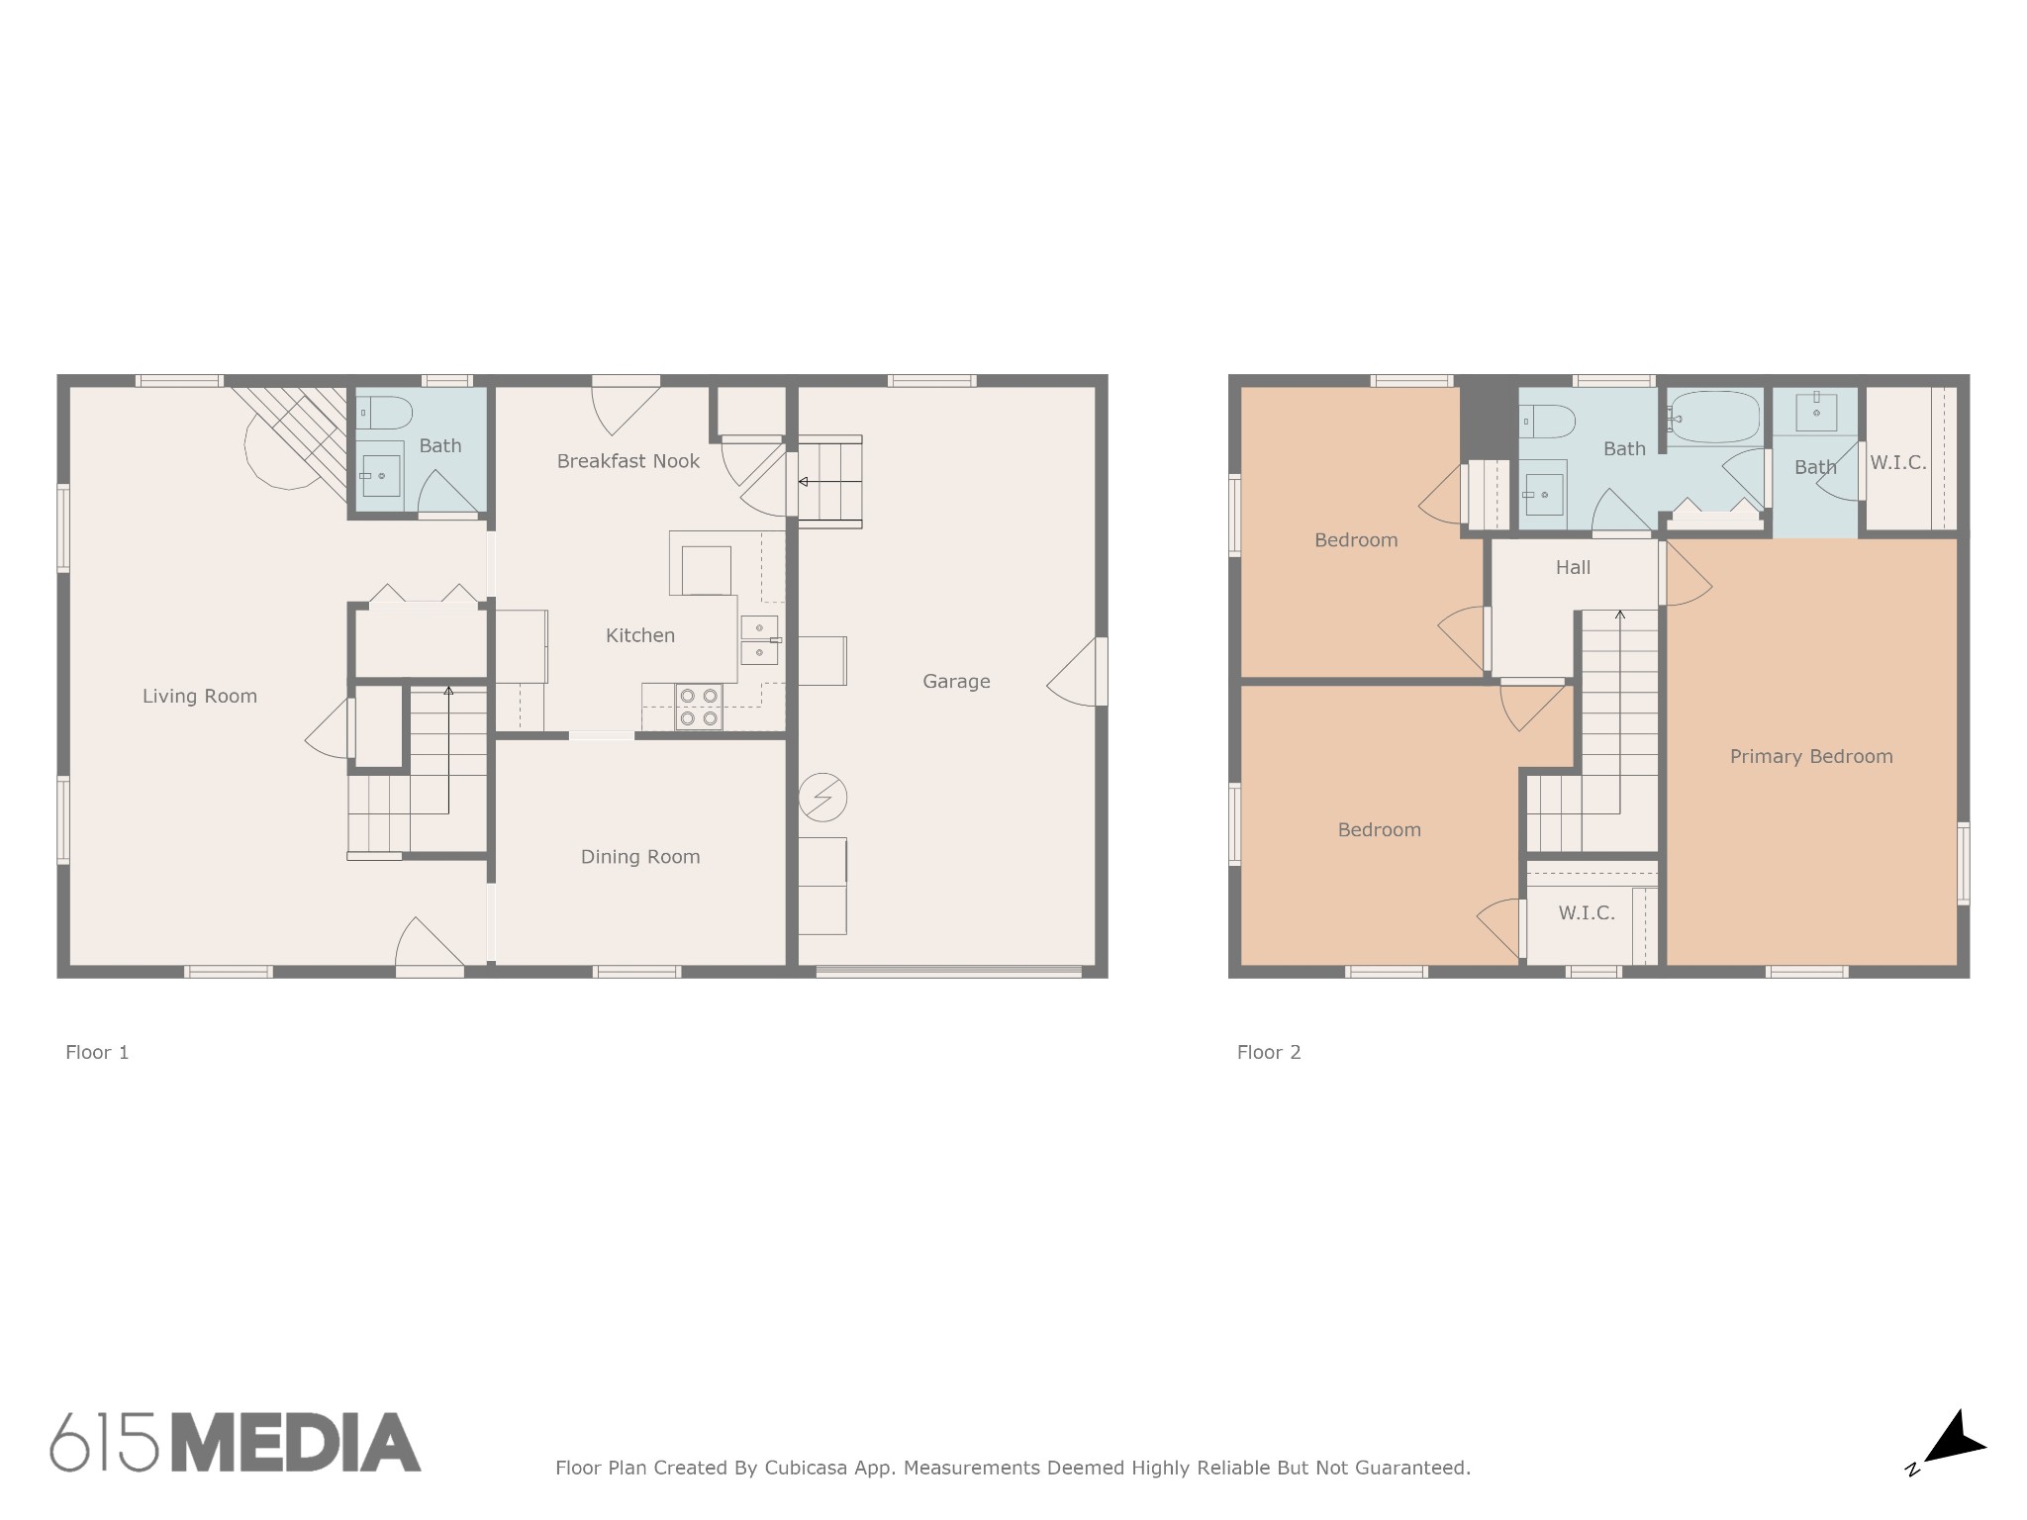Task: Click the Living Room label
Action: tap(200, 696)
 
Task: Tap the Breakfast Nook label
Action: tap(627, 461)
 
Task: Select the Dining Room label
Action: tap(640, 857)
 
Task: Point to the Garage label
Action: tap(956, 681)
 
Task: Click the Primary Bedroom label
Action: tap(1811, 757)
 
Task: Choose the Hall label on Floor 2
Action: tap(1573, 567)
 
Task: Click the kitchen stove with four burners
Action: tap(699, 706)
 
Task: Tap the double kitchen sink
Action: tap(759, 639)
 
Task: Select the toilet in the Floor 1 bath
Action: tap(384, 413)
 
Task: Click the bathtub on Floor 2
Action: tap(1714, 419)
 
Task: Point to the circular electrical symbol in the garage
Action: tap(821, 798)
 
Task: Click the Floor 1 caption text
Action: tap(97, 1052)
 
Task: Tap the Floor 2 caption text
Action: tap(1269, 1052)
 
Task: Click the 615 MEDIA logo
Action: tap(236, 1442)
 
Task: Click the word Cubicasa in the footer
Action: tap(806, 1468)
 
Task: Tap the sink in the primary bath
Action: tap(1816, 411)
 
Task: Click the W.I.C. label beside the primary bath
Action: tap(1898, 462)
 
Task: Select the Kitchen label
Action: tap(640, 635)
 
